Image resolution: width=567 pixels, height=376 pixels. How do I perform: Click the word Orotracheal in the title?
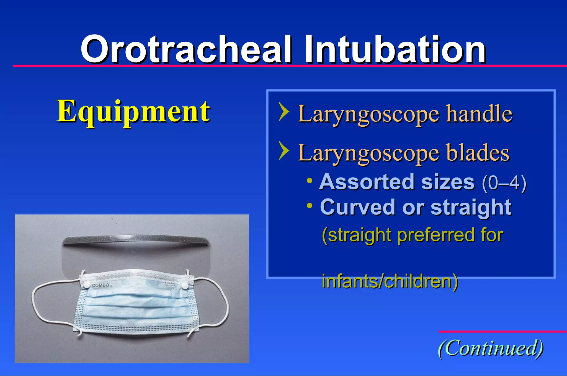pos(186,50)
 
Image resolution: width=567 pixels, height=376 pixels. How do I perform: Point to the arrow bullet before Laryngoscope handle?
pos(284,112)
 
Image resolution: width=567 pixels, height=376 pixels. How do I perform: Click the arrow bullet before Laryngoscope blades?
pos(284,151)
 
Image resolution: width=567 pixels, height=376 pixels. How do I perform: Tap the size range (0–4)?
pos(504,183)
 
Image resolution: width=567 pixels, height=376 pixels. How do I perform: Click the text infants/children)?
pos(390,281)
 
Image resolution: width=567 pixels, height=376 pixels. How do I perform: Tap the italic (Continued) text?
pos(491,348)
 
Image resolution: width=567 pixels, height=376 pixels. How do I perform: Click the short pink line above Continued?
pos(502,331)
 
